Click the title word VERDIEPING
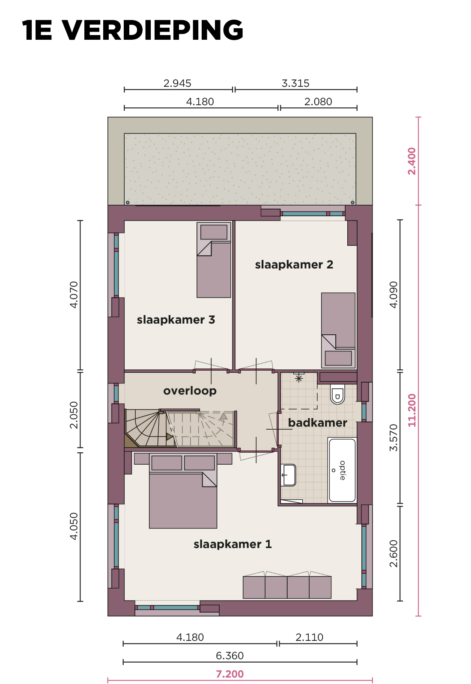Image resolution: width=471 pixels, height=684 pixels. [153, 30]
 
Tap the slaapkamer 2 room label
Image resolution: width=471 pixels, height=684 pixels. [294, 265]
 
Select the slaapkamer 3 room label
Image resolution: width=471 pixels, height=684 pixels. [176, 320]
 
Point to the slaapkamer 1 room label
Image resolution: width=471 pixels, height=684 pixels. [233, 544]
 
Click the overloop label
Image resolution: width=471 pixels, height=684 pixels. [190, 391]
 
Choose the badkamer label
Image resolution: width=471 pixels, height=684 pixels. [317, 423]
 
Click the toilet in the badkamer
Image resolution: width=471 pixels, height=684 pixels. [337, 394]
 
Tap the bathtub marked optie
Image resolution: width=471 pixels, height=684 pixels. [342, 470]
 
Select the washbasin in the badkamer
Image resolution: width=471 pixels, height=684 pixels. [289, 475]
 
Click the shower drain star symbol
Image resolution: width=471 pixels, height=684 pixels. [299, 379]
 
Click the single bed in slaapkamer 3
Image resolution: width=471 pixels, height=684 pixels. [214, 260]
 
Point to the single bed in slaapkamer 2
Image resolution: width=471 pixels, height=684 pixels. [338, 330]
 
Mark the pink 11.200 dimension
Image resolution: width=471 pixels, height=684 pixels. [412, 410]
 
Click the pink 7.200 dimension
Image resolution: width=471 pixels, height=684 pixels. [230, 674]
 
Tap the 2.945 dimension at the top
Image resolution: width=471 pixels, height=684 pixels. [177, 83]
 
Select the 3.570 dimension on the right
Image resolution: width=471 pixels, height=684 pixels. [393, 438]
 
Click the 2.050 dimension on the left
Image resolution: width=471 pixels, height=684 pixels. [74, 415]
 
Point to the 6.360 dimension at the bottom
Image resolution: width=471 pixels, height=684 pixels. [230, 656]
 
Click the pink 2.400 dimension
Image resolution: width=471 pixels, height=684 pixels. [412, 161]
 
